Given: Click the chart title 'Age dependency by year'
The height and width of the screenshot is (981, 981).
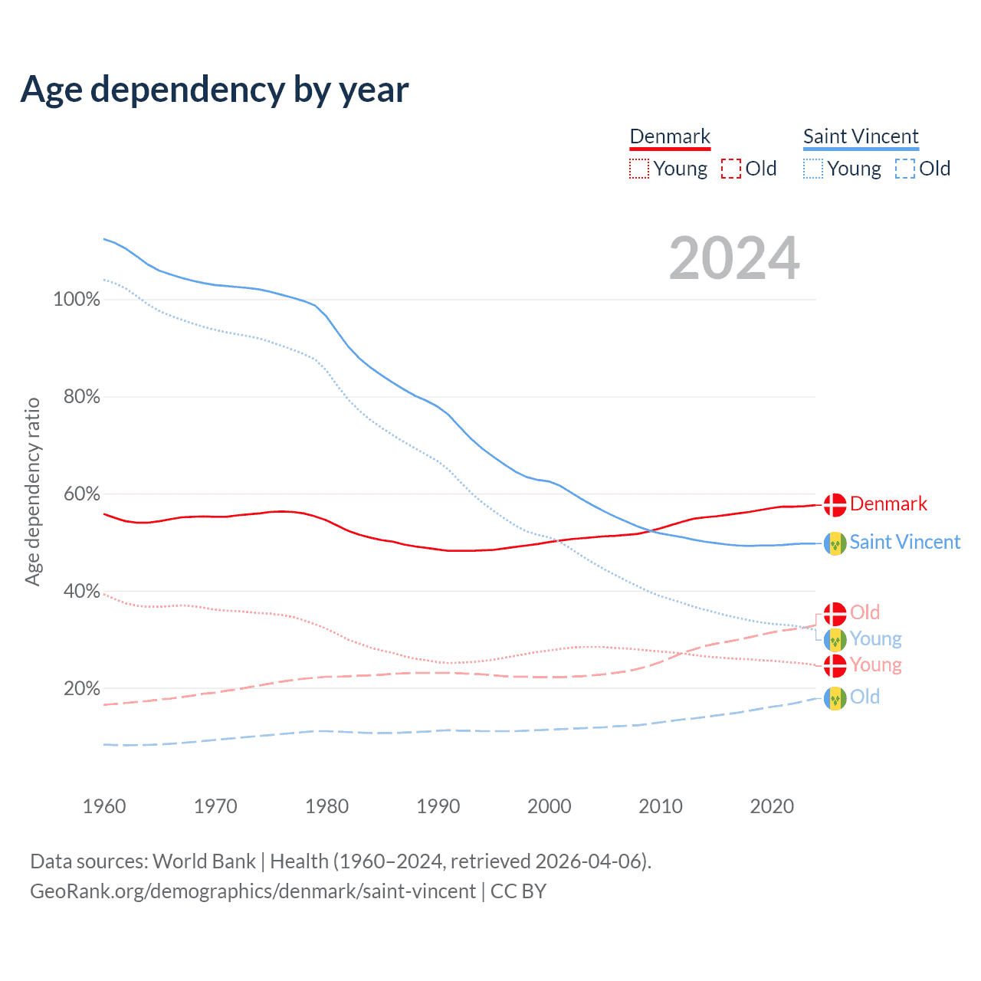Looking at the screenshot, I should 215,90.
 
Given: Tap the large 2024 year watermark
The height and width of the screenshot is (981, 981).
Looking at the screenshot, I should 734,258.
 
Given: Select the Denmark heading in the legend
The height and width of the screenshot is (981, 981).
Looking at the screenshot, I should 670,136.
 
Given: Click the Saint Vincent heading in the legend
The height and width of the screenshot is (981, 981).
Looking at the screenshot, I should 861,136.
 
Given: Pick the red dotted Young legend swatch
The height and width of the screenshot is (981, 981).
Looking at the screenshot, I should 639,169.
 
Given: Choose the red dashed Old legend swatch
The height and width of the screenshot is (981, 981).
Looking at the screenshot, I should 731,169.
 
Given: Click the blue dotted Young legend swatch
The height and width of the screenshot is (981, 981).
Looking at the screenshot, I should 813,169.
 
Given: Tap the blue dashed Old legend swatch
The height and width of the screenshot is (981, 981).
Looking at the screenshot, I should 905,169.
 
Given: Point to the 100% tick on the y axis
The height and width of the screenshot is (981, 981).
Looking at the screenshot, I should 76,300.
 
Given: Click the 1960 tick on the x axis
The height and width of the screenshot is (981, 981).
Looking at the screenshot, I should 104,806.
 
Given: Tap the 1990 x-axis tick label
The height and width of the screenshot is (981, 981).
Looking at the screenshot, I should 438,806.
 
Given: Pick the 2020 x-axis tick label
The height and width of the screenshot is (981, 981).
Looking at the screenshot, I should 772,806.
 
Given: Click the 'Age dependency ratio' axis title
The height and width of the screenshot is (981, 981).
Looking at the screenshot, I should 32,491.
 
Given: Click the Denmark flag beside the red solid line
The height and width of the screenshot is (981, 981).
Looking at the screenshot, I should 835,504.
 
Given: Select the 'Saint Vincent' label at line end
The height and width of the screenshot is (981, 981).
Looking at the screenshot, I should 904,543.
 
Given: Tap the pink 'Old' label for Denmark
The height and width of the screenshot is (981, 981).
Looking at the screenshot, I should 865,612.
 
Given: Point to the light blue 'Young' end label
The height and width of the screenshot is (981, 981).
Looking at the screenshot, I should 875,639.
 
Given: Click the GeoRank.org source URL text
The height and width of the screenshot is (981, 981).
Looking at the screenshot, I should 253,891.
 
